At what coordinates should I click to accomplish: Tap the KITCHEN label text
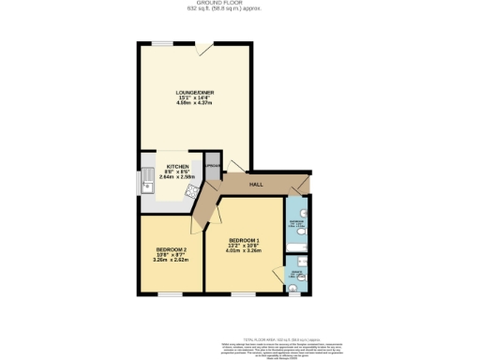click(177, 168)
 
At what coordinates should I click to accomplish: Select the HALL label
click(255, 185)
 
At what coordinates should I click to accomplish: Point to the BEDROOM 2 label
click(171, 249)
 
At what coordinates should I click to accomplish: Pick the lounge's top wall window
click(163, 43)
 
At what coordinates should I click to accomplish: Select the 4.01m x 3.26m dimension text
click(244, 250)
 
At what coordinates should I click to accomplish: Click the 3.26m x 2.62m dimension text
click(171, 260)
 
